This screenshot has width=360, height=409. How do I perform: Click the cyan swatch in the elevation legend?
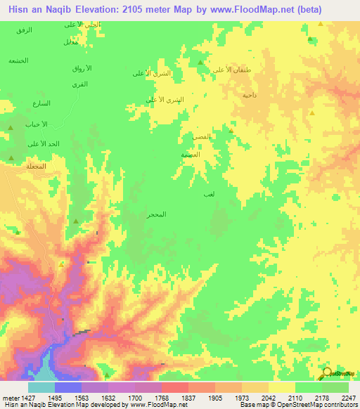tap(41, 387)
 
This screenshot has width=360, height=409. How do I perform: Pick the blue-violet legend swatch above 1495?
tap(68, 387)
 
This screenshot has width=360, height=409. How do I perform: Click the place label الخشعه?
tap(18, 60)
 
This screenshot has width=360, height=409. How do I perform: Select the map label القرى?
tap(79, 84)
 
